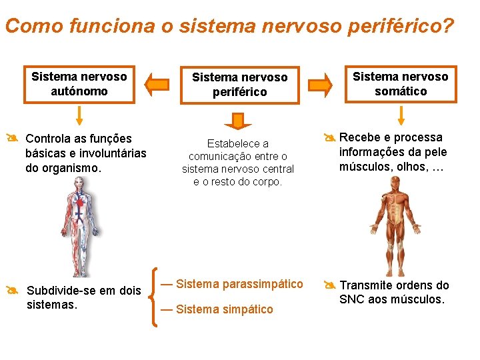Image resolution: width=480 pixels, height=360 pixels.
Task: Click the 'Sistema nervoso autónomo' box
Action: (x=79, y=84)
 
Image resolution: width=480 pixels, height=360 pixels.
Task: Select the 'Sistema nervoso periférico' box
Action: (x=239, y=85)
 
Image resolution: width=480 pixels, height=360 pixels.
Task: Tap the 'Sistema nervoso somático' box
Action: (x=401, y=84)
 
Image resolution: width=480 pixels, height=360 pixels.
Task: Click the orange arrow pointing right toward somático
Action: (x=321, y=85)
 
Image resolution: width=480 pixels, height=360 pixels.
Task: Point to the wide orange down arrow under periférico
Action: (x=238, y=121)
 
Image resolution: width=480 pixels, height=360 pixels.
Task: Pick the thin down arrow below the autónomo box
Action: (x=79, y=116)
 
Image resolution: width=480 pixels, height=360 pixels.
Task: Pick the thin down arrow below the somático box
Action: (x=401, y=116)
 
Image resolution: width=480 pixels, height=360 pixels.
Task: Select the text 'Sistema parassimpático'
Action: (x=239, y=284)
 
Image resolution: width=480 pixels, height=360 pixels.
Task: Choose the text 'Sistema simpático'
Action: (x=225, y=309)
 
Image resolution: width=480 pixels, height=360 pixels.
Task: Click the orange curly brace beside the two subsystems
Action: (x=155, y=297)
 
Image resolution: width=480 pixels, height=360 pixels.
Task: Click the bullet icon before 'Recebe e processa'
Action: (x=329, y=139)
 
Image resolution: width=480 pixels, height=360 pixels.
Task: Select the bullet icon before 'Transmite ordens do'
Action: (x=329, y=285)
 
